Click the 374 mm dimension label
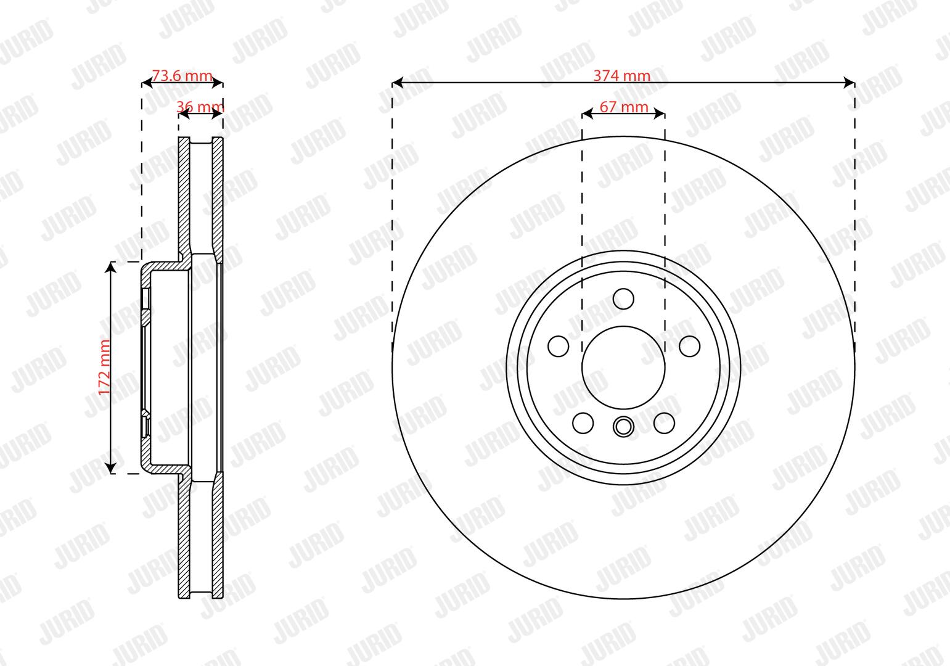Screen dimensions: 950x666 (x=622, y=76)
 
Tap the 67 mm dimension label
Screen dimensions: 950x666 (x=624, y=107)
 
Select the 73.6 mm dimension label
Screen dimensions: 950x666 (x=182, y=76)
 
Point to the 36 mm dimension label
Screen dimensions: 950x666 (x=200, y=107)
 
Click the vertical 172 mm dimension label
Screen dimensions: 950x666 (x=104, y=368)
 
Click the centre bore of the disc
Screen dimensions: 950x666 (x=623, y=368)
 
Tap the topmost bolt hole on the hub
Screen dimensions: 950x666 (x=623, y=299)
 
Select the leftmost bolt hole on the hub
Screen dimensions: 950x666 (x=558, y=346)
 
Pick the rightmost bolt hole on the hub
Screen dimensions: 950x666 (x=689, y=346)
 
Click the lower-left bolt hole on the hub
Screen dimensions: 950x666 (x=583, y=423)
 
